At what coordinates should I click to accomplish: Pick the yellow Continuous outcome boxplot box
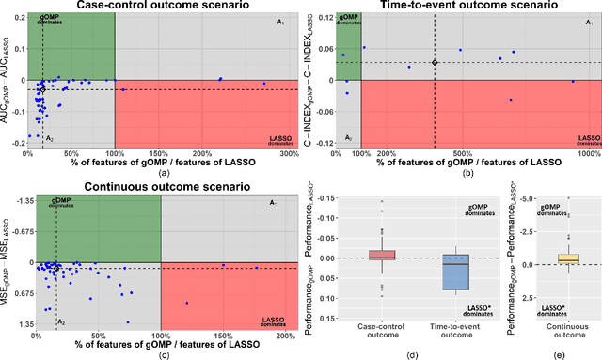pos(568,258)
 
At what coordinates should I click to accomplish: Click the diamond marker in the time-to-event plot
pos(435,62)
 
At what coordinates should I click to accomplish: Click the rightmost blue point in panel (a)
pos(264,84)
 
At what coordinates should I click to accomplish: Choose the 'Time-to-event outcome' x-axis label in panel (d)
pos(456,332)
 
